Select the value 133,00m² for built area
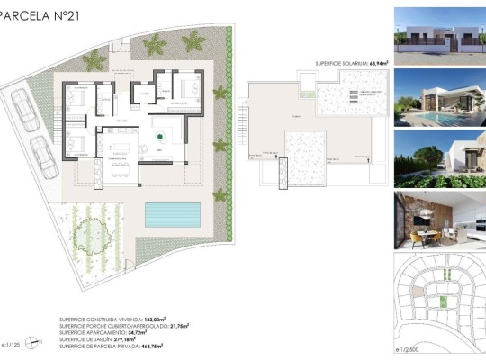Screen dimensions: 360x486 coord(164,319)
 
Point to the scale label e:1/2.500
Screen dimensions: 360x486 coord(409,348)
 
